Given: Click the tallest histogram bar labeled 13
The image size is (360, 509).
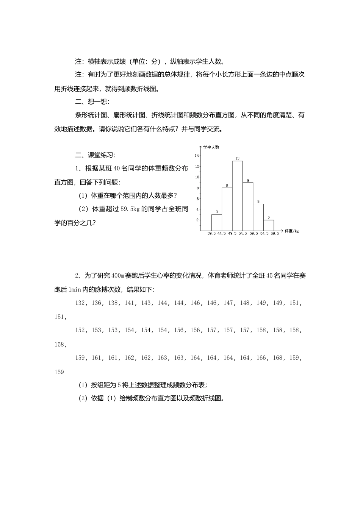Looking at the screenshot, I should (238, 195).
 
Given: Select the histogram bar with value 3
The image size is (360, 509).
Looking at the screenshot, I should (217, 222).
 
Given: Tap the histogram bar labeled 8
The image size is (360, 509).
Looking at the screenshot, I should (227, 209).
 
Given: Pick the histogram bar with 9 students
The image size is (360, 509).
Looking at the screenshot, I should (248, 206).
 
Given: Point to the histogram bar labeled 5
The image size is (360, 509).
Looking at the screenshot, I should (258, 217).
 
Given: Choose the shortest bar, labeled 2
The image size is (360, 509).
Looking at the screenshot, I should (269, 225).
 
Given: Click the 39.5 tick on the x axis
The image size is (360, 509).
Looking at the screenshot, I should (211, 234).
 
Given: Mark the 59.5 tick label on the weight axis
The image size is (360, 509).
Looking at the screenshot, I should (254, 234).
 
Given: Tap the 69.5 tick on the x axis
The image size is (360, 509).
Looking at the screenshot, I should (274, 234).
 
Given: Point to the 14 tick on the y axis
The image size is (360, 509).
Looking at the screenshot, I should (197, 156).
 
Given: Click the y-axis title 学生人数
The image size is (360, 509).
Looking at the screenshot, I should (211, 147).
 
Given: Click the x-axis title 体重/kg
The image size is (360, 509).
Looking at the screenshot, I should (291, 231).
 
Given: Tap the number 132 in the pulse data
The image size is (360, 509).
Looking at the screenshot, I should (80, 303).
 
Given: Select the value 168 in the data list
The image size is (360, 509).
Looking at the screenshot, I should (277, 358).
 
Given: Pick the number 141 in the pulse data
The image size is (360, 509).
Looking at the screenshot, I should (129, 303).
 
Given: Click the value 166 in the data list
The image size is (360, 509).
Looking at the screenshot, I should (261, 358).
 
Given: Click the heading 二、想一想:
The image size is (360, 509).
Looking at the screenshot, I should (92, 101).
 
